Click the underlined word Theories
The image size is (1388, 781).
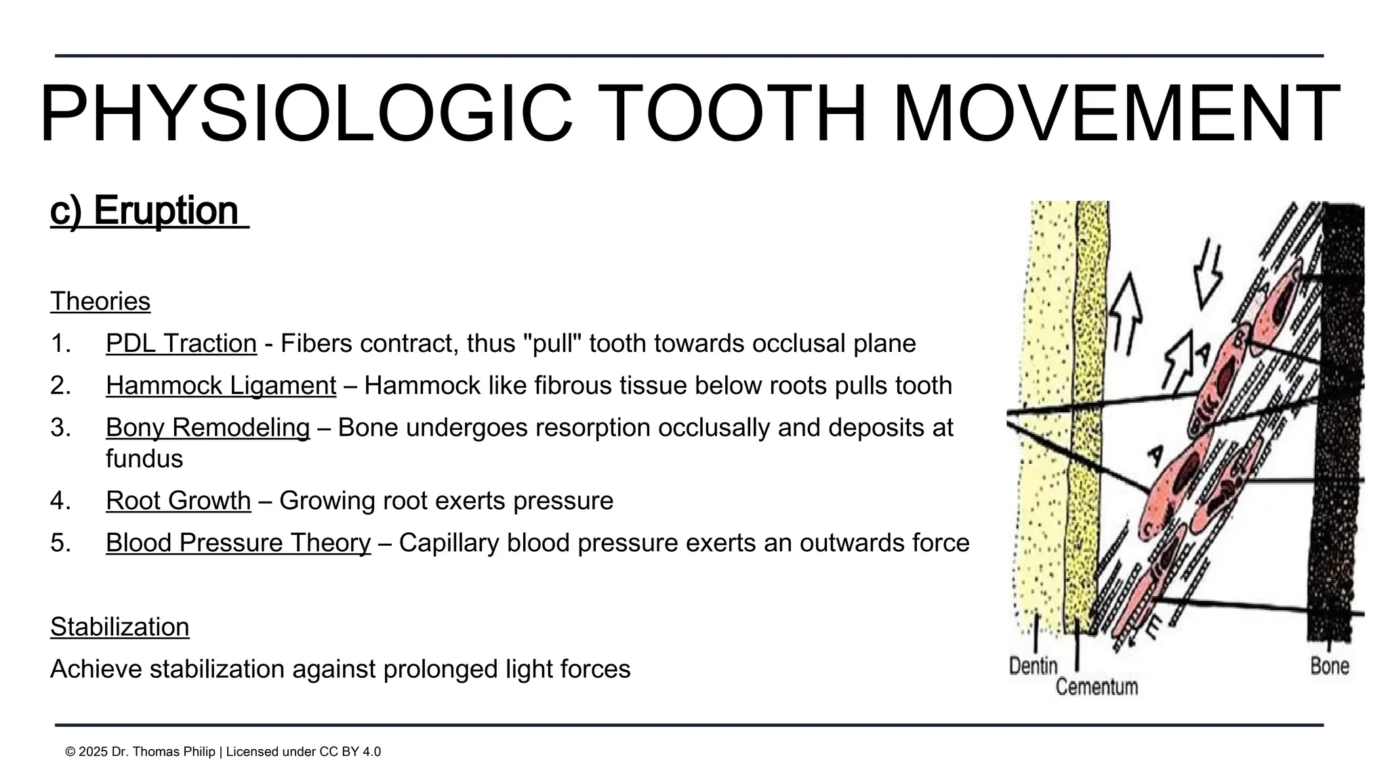(100, 302)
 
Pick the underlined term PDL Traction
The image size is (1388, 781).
(181, 344)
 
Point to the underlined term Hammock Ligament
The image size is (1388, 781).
(221, 386)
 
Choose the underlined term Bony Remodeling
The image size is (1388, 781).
(207, 428)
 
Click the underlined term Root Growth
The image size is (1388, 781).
(178, 501)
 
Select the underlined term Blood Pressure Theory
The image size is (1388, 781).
(238, 543)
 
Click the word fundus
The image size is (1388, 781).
(144, 459)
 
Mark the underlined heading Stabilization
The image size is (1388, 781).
(119, 627)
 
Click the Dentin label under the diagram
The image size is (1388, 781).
(1033, 666)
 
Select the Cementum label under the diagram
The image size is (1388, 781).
(1097, 687)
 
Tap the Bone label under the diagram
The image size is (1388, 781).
(1329, 666)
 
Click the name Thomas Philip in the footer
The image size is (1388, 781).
(176, 752)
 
